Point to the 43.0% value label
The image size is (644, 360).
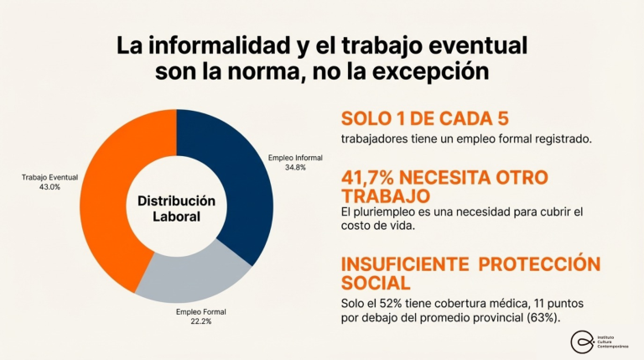50,187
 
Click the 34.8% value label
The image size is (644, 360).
296,168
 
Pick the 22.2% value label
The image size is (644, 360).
200,321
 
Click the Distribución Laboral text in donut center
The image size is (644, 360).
176,208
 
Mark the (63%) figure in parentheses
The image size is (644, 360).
541,318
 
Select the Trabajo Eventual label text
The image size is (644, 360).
50,177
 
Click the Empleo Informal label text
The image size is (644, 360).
296,158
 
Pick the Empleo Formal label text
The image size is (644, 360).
200,311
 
